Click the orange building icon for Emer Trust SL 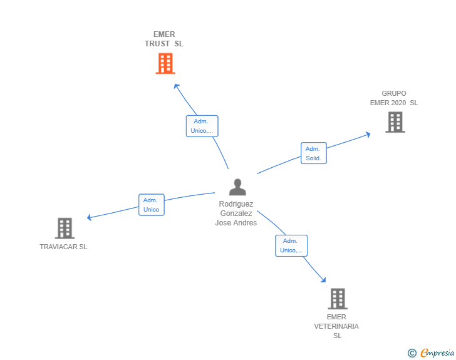(165, 63)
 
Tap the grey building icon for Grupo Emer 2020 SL (395, 122)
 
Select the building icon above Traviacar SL (65, 229)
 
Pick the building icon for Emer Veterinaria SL (337, 299)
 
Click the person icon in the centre (237, 187)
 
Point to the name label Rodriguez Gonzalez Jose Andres (236, 213)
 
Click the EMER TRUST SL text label (164, 39)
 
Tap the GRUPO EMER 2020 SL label (394, 98)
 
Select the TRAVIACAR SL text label (64, 247)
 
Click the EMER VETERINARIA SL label (336, 326)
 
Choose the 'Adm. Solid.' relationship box (313, 153)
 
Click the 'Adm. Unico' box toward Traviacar (151, 205)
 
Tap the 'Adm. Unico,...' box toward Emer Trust (202, 126)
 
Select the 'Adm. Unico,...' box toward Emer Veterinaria (291, 245)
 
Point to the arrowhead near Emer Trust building (176, 86)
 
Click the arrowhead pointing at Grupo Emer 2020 (368, 133)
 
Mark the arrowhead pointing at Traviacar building (90, 218)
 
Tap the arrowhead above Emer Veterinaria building (323, 280)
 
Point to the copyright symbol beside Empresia (412, 354)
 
